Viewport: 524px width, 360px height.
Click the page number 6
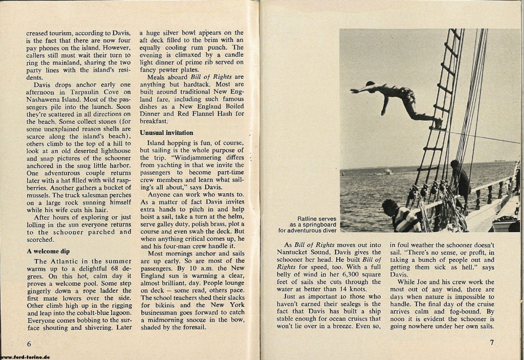coord(29,342)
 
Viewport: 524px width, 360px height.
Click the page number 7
coord(491,342)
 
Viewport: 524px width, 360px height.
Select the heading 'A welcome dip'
coord(49,251)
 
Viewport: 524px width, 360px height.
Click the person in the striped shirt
coord(402,217)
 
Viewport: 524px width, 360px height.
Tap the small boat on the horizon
coord(387,172)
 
